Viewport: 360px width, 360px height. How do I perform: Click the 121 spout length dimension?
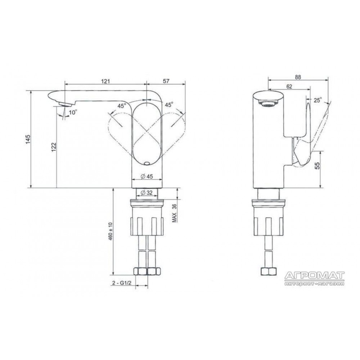(105, 81)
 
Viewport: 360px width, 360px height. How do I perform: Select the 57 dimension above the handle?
(166, 81)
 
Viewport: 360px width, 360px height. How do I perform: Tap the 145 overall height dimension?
(28, 139)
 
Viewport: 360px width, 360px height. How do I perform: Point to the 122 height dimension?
(54, 147)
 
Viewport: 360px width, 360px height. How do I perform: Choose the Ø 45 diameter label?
(147, 176)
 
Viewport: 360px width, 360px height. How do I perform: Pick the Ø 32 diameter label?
(146, 193)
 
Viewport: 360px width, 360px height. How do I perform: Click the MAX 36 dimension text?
(175, 213)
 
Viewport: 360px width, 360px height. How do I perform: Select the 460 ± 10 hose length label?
(111, 231)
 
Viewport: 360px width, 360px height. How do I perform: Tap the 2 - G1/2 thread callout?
(122, 283)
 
